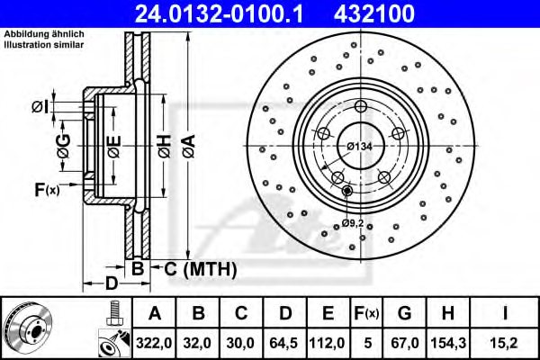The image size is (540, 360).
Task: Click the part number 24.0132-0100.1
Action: click(x=228, y=14)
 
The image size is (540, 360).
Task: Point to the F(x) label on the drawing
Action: click(x=46, y=190)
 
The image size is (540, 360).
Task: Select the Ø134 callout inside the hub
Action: click(x=361, y=146)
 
